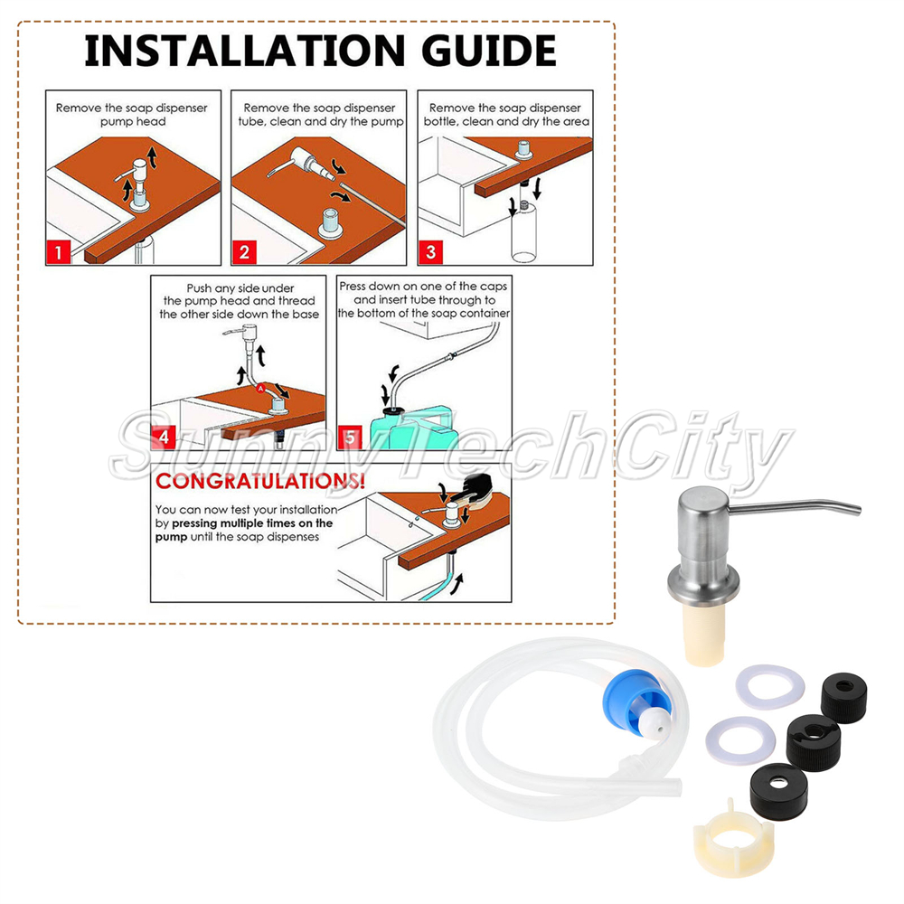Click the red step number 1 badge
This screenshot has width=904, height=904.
(x=58, y=252)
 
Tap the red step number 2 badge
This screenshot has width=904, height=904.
(x=244, y=252)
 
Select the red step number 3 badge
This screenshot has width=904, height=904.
(x=430, y=252)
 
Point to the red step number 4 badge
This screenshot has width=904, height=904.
(x=164, y=438)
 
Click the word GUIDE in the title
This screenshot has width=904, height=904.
(x=489, y=51)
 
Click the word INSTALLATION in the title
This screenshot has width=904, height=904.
(x=245, y=51)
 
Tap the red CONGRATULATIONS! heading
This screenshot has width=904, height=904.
(x=260, y=482)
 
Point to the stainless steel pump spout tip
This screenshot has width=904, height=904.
(x=856, y=509)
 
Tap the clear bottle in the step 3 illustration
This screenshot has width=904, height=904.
(x=523, y=231)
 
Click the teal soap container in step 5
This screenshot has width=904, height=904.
(x=412, y=429)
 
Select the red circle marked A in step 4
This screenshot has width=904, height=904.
(x=260, y=389)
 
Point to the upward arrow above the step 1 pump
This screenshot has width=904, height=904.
(x=152, y=156)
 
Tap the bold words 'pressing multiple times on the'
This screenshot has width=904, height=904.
(x=252, y=523)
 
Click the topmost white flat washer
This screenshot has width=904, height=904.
(x=769, y=686)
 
